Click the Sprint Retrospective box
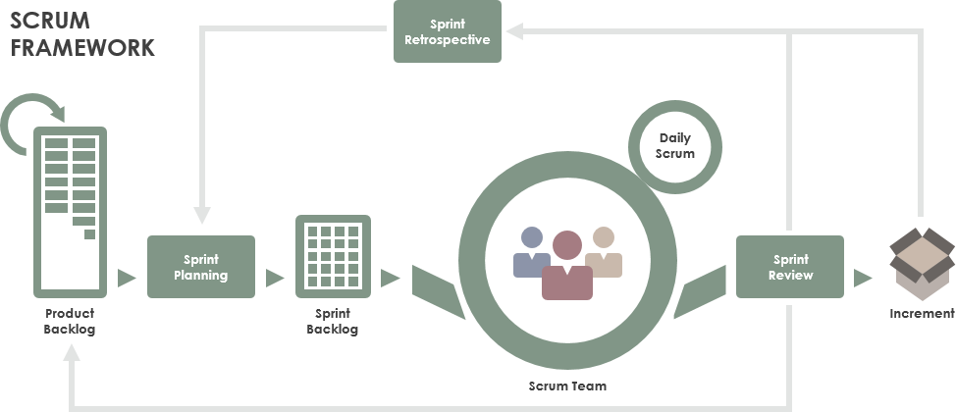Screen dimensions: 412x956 [448, 31]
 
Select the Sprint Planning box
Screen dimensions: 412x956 [201, 267]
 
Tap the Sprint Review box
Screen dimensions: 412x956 [790, 267]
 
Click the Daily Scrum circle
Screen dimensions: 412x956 [676, 146]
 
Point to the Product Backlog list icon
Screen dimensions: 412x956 [71, 212]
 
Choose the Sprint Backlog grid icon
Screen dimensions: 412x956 [333, 256]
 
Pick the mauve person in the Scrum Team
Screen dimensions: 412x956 [567, 265]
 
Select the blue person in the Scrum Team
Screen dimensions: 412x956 [532, 253]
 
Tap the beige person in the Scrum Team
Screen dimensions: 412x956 [604, 253]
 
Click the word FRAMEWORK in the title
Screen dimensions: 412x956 [82, 47]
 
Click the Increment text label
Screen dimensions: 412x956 [922, 314]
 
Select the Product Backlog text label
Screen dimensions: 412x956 [70, 321]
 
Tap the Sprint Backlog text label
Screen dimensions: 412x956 [333, 321]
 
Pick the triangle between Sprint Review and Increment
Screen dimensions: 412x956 [863, 278]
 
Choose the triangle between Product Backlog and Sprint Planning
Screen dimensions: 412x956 [126, 278]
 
